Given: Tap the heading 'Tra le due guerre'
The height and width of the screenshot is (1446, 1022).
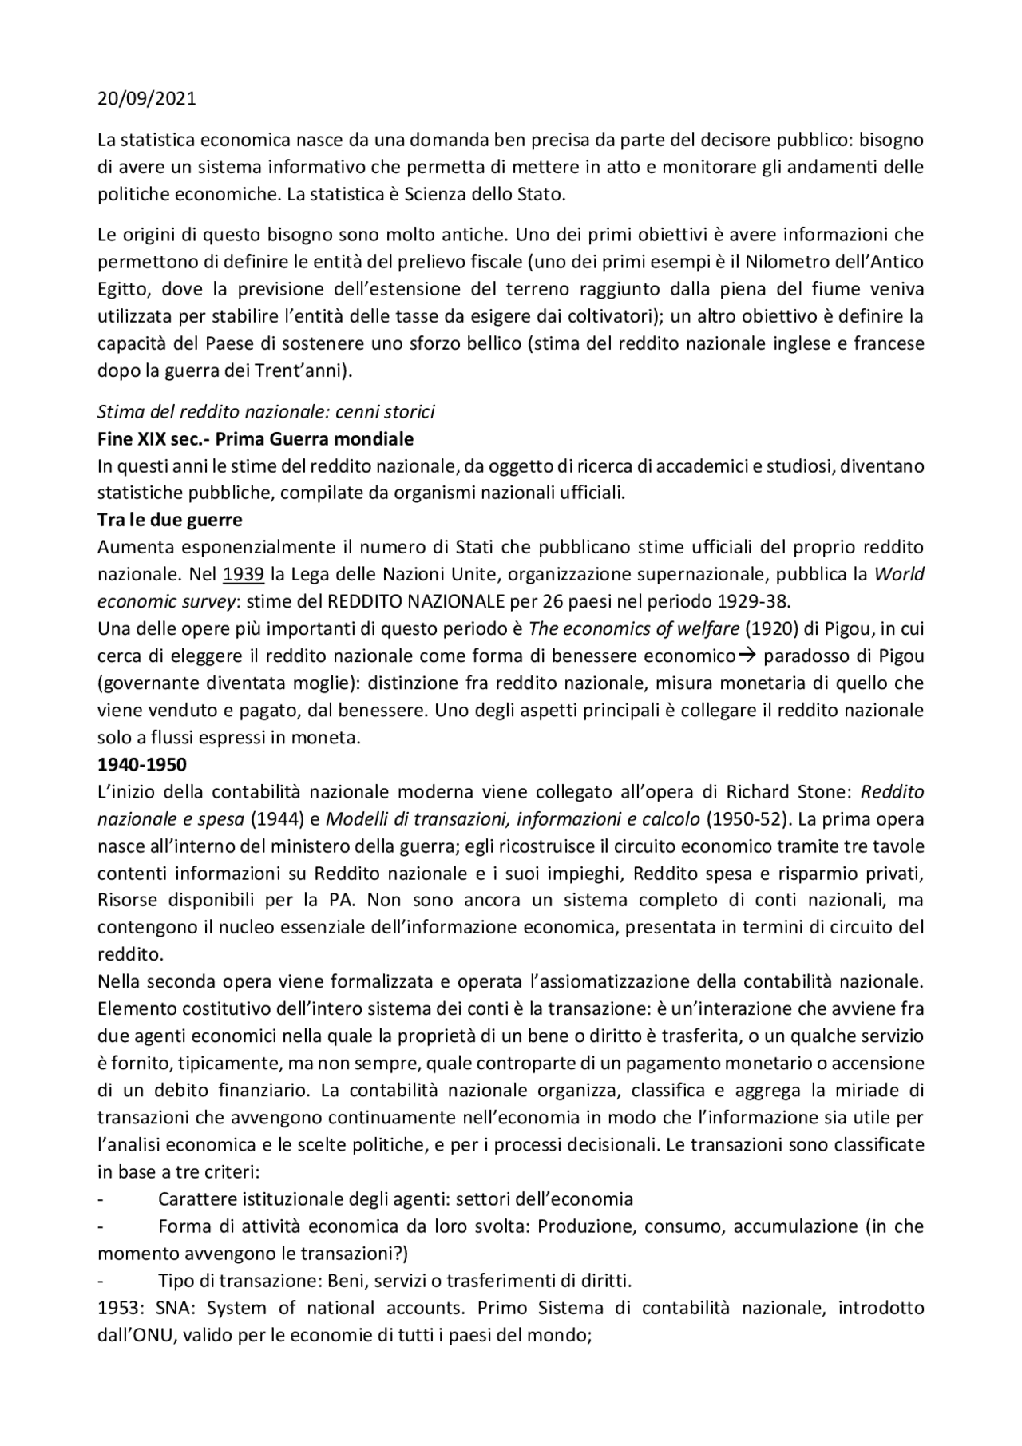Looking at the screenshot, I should tap(169, 520).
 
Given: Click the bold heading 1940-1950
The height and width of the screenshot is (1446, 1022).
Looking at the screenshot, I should tap(141, 764).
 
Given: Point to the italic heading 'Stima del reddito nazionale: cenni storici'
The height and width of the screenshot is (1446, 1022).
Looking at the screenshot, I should tap(266, 412).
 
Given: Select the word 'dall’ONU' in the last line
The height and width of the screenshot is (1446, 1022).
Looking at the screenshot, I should tap(135, 1335).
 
